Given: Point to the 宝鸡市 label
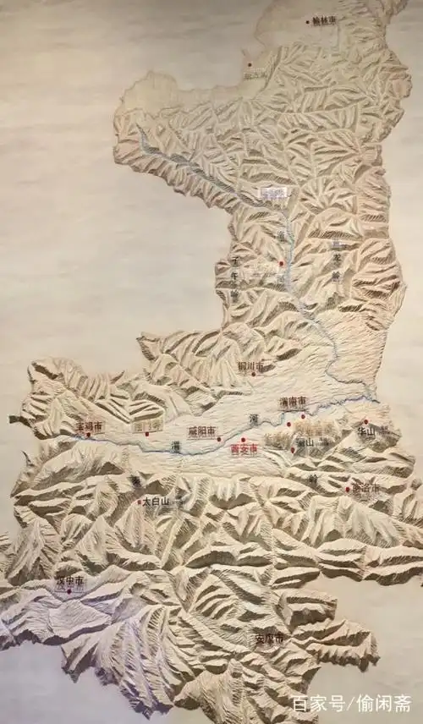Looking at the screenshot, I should click(x=88, y=426).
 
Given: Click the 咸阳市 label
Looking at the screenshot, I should click(x=202, y=431).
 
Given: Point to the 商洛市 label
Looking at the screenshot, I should click(x=365, y=489).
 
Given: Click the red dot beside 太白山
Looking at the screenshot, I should click(x=140, y=502).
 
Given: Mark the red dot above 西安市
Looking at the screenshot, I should click(x=243, y=440).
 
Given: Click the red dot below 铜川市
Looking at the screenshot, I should click(x=252, y=375).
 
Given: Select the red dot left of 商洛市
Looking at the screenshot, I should click(x=347, y=489).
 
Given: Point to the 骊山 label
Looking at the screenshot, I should click(x=304, y=442).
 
